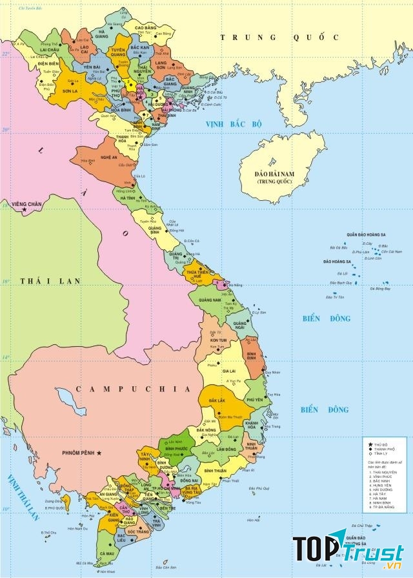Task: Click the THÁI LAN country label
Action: (50, 281)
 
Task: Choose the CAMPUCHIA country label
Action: (133, 389)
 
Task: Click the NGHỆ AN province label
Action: (109, 158)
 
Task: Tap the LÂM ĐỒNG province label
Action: (226, 449)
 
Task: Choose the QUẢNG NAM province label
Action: (210, 300)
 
